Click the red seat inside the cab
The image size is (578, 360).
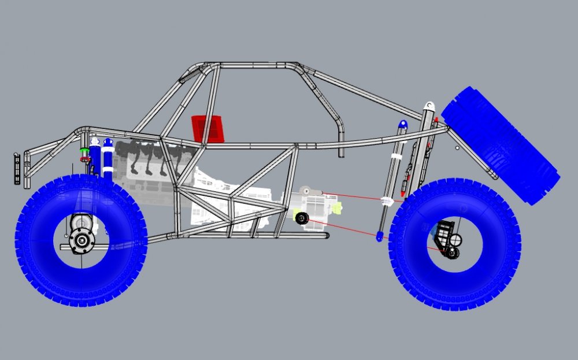[x=208, y=128]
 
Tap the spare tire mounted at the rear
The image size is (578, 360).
[x=501, y=144]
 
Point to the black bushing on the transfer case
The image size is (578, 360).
[x=301, y=218]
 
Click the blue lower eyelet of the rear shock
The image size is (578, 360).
[x=379, y=236]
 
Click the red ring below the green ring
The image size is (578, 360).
[x=85, y=158]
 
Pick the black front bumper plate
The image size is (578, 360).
[x=17, y=169]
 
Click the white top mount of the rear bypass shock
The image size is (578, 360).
[x=428, y=107]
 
